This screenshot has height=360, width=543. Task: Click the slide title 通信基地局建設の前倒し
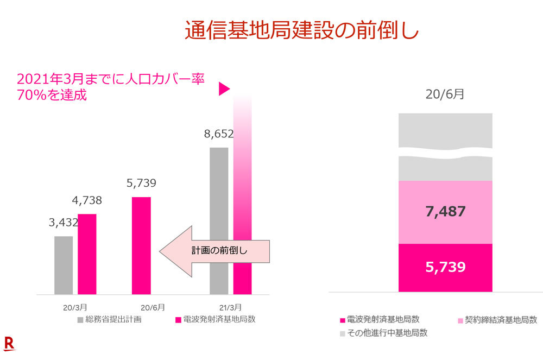[x=302, y=30]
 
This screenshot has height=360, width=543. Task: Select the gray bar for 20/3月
[x=64, y=265]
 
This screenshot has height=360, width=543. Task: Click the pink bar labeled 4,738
[x=87, y=254]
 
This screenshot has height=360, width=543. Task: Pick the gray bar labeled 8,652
[x=219, y=220]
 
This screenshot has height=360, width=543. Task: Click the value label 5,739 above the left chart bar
[x=141, y=183]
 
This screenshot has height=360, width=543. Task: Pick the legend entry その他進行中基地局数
[x=383, y=333]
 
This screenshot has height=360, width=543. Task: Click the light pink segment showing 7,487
[x=445, y=212]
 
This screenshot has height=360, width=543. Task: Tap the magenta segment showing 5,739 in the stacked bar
[x=445, y=267]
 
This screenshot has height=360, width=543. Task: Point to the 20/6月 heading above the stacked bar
[x=445, y=94]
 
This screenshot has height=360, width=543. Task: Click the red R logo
[x=9, y=343]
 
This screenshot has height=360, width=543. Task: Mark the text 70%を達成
[x=52, y=96]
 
